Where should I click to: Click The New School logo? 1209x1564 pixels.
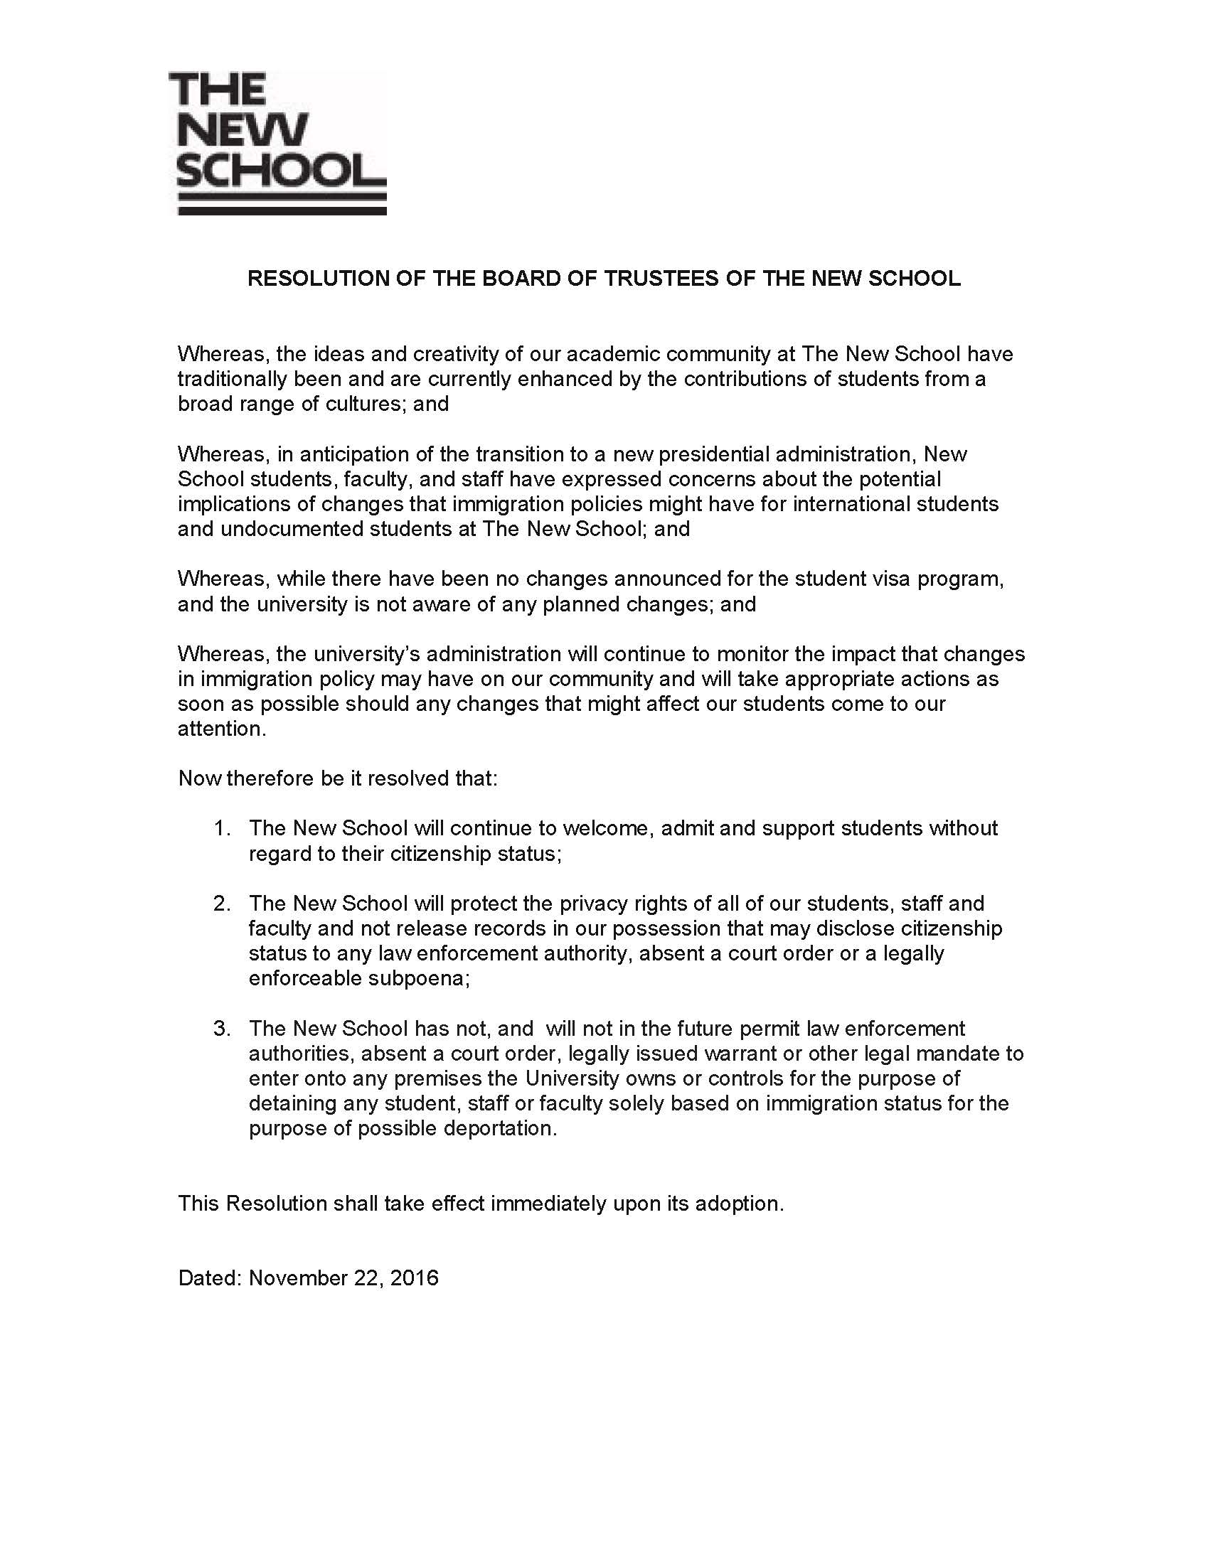pos(280,142)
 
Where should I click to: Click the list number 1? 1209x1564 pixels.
pos(221,828)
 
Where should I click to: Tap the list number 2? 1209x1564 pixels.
pos(221,904)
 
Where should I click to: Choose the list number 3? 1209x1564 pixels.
pos(221,1029)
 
